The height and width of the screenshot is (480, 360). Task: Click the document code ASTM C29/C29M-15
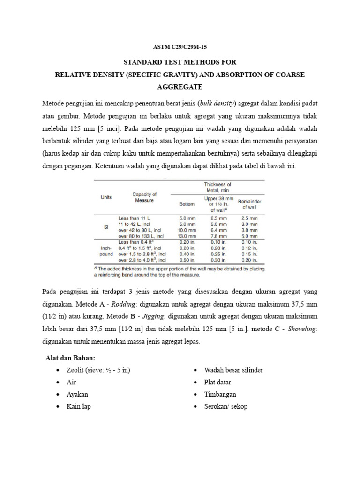coord(180,48)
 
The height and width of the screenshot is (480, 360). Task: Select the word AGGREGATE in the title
coord(180,87)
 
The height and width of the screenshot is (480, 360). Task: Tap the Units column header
coord(106,197)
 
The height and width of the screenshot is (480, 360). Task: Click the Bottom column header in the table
coord(187,204)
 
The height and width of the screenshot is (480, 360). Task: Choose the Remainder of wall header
coord(249,203)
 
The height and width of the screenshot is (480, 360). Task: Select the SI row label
coord(106,227)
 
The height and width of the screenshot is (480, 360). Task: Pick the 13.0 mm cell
coord(187,236)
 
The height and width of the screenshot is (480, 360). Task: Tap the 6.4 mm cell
coord(217,230)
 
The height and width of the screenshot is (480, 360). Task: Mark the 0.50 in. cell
coord(187,260)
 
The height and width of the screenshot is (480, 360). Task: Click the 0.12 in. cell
coord(249,248)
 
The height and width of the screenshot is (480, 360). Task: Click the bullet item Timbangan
coord(220,394)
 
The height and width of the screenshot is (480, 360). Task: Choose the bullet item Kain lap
coord(78,406)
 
